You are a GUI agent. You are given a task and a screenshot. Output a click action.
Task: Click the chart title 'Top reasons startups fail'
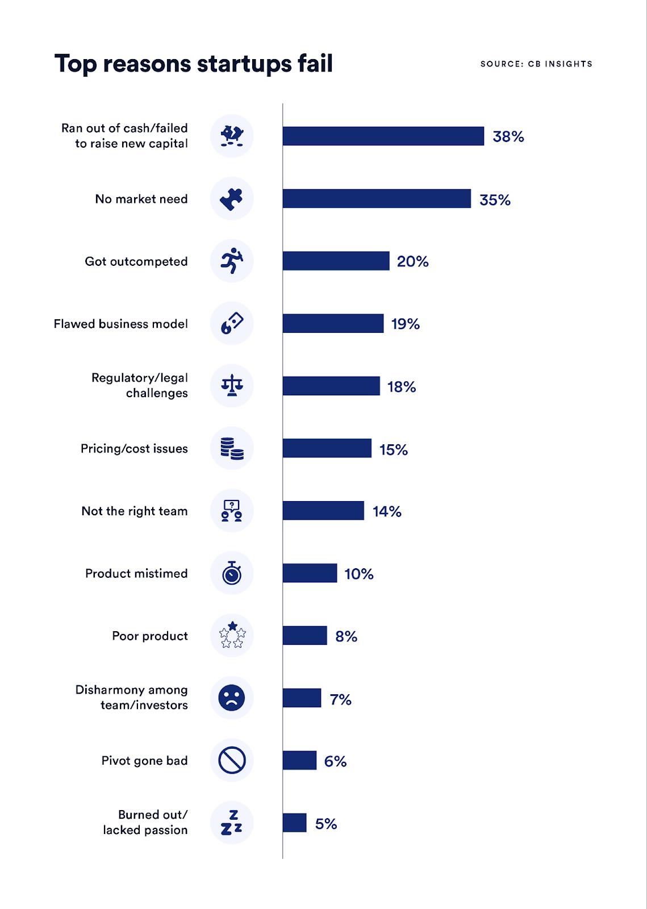pyautogui.click(x=193, y=64)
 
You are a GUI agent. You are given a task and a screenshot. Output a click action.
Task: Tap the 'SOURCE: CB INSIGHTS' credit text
pyautogui.click(x=536, y=64)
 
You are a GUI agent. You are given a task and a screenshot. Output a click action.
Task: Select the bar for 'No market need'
pyautogui.click(x=377, y=199)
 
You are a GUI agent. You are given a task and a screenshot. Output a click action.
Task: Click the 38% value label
pyautogui.click(x=508, y=137)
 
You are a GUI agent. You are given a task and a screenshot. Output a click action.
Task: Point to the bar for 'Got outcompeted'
pyautogui.click(x=336, y=261)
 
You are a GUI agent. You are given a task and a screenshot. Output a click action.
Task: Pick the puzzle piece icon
pyautogui.click(x=232, y=199)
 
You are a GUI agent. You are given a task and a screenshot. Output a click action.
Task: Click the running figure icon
pyautogui.click(x=232, y=261)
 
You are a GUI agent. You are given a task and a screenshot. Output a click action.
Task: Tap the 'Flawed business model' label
pyautogui.click(x=120, y=324)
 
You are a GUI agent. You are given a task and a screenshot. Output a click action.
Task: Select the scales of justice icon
pyautogui.click(x=232, y=386)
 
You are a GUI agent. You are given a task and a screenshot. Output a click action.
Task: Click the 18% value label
pyautogui.click(x=402, y=387)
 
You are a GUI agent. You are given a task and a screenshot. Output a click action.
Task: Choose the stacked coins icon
pyautogui.click(x=232, y=448)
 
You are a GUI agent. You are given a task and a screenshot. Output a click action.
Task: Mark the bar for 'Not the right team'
pyautogui.click(x=323, y=511)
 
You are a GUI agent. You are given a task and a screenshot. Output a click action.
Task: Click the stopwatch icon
pyautogui.click(x=232, y=573)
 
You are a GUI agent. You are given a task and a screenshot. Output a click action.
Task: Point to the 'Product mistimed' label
pyautogui.click(x=136, y=573)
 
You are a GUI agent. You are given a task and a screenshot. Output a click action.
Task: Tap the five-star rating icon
pyautogui.click(x=232, y=635)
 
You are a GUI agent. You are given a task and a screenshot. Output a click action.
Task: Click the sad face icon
pyautogui.click(x=232, y=698)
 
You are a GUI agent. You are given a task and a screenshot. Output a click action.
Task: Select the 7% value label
pyautogui.click(x=341, y=699)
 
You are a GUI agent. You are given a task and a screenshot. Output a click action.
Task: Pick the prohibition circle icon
pyautogui.click(x=232, y=760)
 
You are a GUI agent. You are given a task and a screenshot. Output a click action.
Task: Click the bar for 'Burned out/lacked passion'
pyautogui.click(x=294, y=823)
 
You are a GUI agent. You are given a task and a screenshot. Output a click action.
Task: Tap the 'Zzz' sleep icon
pyautogui.click(x=232, y=823)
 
